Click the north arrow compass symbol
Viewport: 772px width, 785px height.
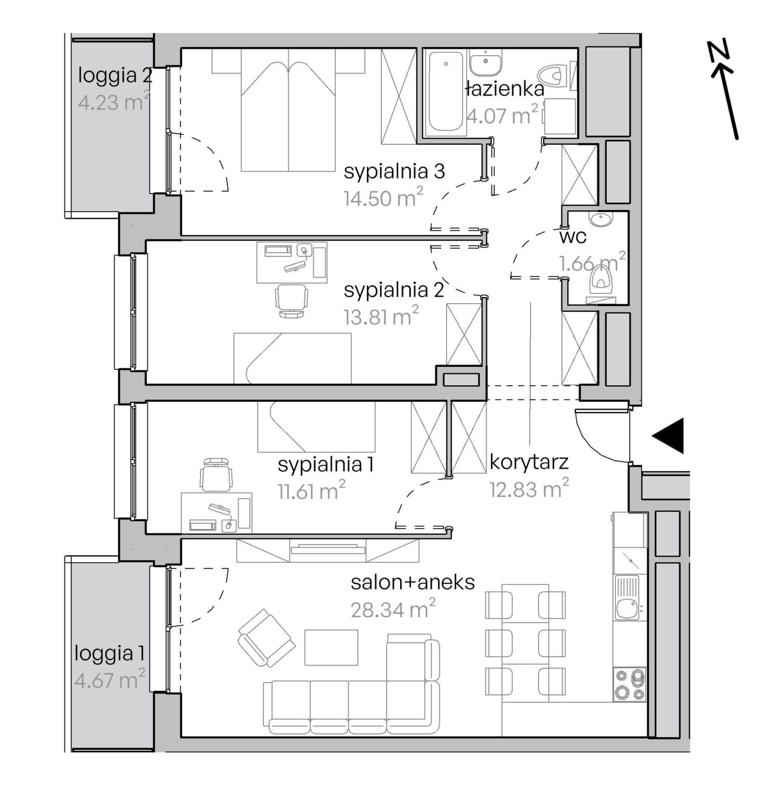724,89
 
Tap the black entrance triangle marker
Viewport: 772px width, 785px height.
668,436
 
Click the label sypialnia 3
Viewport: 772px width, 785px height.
394,172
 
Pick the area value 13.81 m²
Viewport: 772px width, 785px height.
381,317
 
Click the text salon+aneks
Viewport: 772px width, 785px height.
413,583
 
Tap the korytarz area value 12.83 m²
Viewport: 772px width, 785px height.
529,489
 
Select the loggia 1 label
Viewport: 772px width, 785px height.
110,654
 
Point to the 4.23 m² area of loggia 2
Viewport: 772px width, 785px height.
114,102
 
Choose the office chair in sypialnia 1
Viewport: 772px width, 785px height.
218,475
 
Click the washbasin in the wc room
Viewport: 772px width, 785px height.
603,220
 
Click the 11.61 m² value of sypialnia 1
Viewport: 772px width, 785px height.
312,491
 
